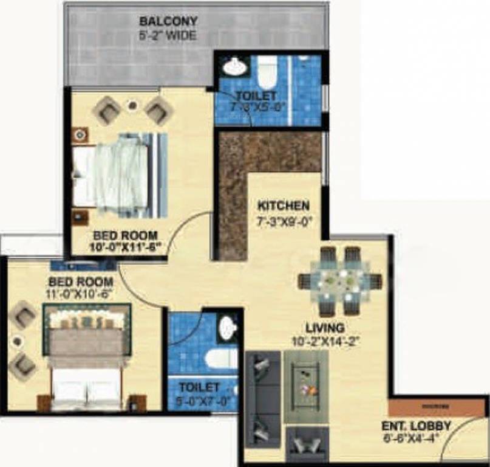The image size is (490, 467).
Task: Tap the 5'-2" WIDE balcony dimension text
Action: pyautogui.click(x=168, y=36)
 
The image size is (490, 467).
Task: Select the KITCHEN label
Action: pyautogui.click(x=283, y=206)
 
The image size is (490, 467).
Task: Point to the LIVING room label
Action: pyautogui.click(x=325, y=328)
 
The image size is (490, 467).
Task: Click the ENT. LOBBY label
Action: pyautogui.click(x=416, y=426)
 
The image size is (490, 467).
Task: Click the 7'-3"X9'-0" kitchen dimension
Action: pyautogui.click(x=284, y=221)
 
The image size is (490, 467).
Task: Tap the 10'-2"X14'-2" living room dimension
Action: pyautogui.click(x=325, y=342)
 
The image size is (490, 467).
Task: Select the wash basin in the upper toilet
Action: pyautogui.click(x=234, y=67)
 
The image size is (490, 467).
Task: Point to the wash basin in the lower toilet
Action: pyautogui.click(x=228, y=328)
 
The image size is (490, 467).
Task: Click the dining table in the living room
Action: pyautogui.click(x=340, y=281)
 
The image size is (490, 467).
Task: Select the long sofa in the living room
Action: pyautogui.click(x=262, y=399)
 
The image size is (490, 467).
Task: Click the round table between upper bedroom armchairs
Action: pyautogui.click(x=132, y=106)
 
